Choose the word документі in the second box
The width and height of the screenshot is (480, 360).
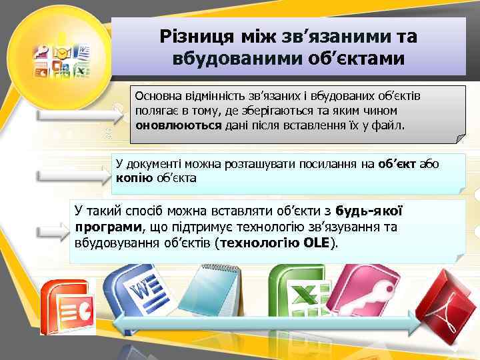click(161, 165)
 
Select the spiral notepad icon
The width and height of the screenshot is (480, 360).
click(213, 287)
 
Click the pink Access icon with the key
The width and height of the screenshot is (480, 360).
click(367, 293)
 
